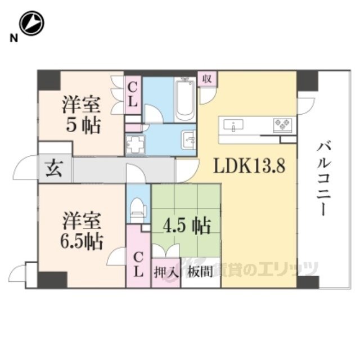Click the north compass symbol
[x=31, y=24]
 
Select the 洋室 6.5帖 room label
[x=82, y=231]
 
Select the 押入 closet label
[x=166, y=272]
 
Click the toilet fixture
[x=137, y=211]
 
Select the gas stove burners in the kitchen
[x=282, y=124]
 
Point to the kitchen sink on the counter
[x=232, y=124]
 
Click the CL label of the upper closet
[x=133, y=95]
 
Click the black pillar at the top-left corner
[x=47, y=80]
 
